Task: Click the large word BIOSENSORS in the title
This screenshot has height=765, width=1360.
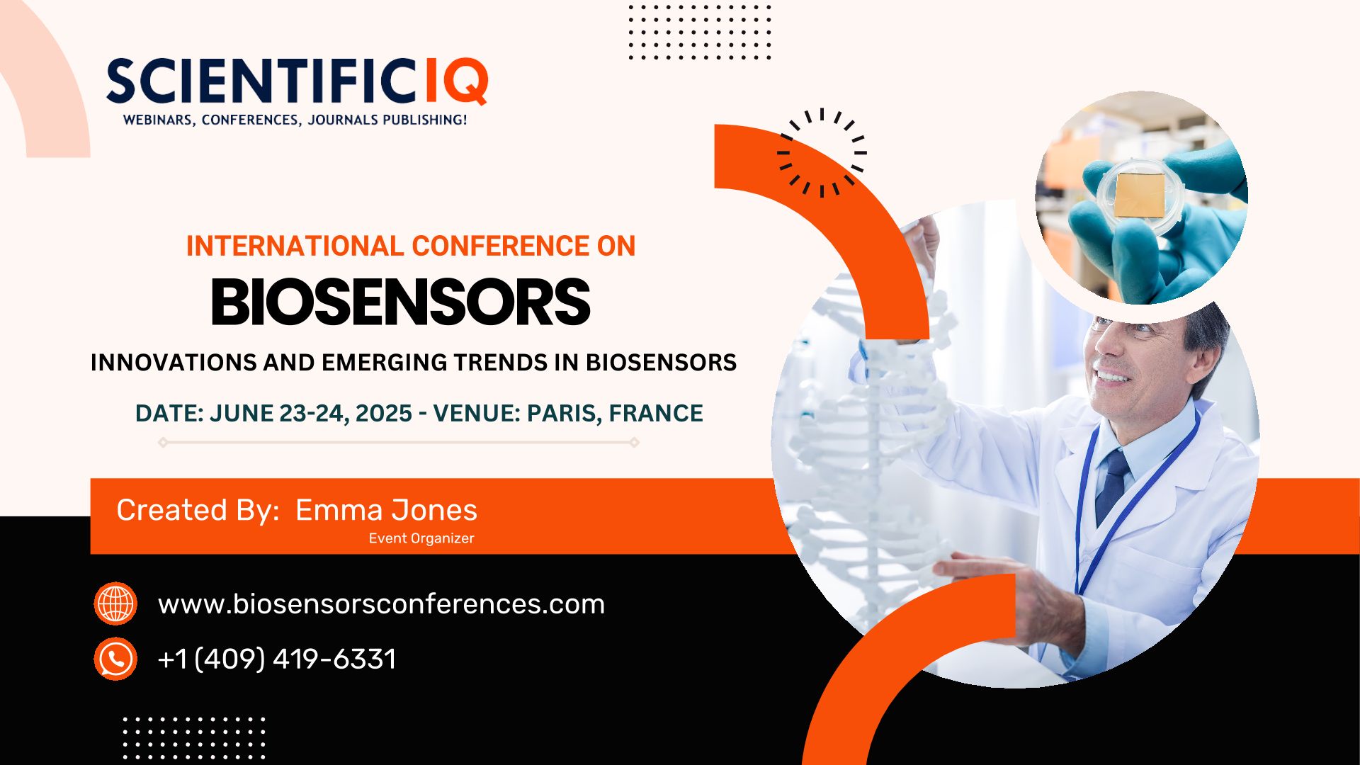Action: [401, 302]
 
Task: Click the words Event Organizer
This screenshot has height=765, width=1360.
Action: [421, 538]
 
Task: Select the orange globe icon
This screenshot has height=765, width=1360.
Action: [115, 603]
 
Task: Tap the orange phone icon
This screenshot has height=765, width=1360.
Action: [115, 659]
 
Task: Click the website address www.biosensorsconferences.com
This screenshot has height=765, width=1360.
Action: [381, 604]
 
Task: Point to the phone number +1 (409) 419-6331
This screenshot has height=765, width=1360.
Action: [277, 659]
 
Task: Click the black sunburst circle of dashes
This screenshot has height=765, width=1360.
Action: [822, 152]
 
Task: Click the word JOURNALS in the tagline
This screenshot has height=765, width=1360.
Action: [343, 120]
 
